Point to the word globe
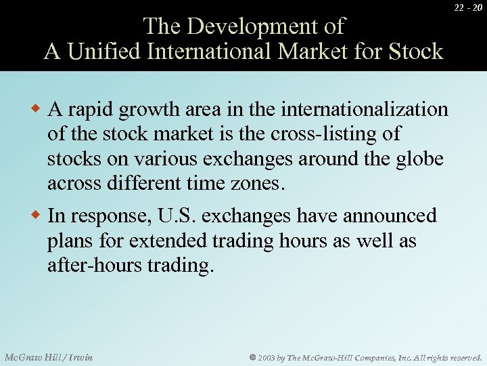(x=420, y=159)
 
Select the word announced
(x=390, y=216)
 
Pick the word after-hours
(x=93, y=266)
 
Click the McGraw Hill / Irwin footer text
(x=49, y=357)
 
